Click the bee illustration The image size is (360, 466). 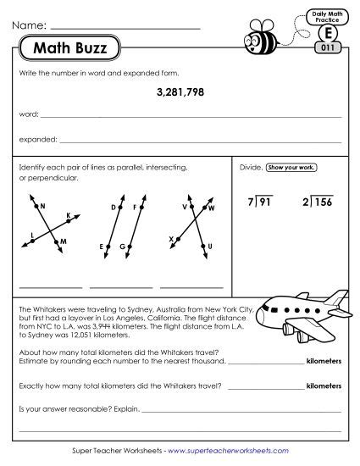point(256,38)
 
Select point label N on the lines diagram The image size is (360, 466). point(42,206)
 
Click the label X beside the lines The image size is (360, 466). point(171,240)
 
